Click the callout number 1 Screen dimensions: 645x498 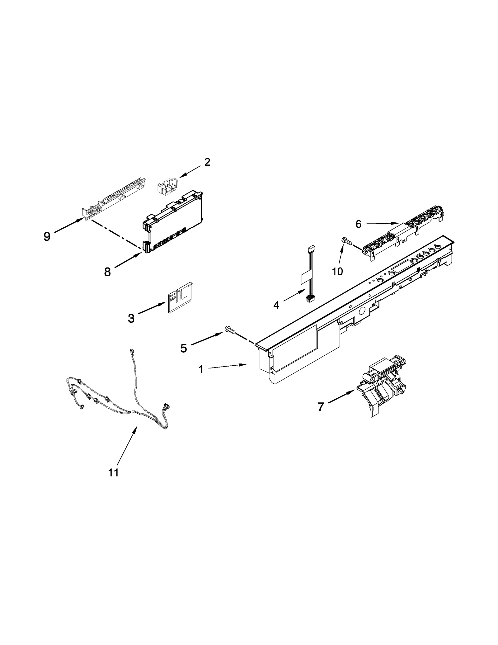point(201,370)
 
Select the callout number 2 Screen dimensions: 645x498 point(207,162)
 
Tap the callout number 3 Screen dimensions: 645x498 point(131,318)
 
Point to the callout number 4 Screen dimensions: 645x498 point(276,305)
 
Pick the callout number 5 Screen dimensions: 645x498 point(184,348)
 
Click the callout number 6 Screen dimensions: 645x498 point(358,224)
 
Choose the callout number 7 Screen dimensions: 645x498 point(321,406)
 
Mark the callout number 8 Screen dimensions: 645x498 point(107,272)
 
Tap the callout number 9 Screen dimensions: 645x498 point(47,236)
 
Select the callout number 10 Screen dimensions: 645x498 point(337,271)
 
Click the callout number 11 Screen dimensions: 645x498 point(114,472)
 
